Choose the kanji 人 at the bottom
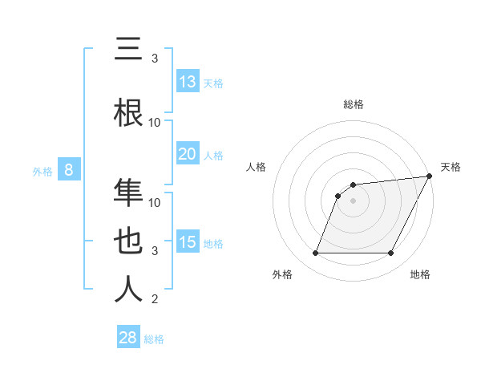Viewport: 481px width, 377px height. coord(128,290)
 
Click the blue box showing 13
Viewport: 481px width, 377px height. coord(187,82)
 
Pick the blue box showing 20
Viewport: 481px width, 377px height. coord(187,154)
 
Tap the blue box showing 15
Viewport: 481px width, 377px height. coord(187,242)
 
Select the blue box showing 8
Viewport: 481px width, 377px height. coord(69,170)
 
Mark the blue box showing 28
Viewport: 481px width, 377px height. coord(127,338)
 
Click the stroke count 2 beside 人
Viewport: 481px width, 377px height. coord(155,300)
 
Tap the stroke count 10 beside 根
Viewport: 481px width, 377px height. coord(155,122)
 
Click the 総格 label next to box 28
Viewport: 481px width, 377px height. coord(154,339)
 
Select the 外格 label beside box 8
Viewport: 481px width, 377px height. coord(42,172)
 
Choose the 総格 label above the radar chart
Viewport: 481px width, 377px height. coord(354,104)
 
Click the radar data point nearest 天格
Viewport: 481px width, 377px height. coord(430,176)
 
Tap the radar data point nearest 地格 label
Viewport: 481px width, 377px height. coord(391,253)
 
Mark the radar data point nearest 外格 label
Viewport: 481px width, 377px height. coord(315,253)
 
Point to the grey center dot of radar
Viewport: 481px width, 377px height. coord(353,201)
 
